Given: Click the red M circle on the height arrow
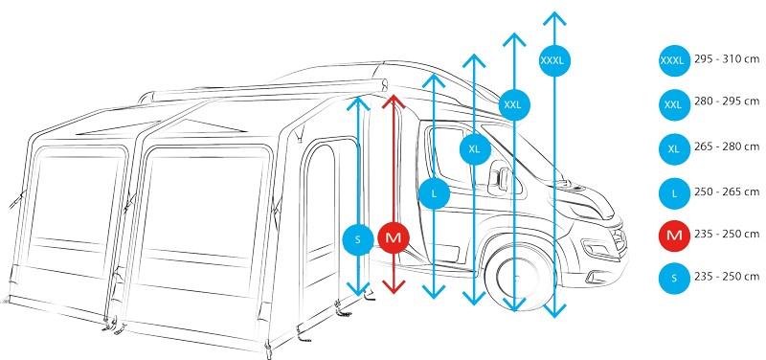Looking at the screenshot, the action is point(394,238).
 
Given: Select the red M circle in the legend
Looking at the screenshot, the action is point(674,236).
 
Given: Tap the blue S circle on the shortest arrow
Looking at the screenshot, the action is point(358,239).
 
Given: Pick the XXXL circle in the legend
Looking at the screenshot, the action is point(674,61).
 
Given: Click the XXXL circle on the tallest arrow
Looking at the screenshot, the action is point(555,60).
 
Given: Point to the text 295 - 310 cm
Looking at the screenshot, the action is point(727,59).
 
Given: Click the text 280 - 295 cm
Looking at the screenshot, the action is point(727,101).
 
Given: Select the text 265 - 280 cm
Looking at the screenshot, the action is point(727,146).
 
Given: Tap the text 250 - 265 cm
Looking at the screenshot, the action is point(727,191).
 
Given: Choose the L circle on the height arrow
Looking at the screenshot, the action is point(435,194).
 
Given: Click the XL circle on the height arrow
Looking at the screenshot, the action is point(474,149).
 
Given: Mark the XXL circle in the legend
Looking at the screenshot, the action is point(674,104).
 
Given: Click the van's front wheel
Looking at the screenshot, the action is point(519,277).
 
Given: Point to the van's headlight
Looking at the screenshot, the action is point(599,249).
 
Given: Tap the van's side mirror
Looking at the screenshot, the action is point(498,179).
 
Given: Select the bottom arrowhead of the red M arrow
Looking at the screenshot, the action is point(394,287).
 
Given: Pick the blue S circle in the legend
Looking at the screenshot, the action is point(674,279).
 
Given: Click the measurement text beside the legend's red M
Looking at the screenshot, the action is point(727,234).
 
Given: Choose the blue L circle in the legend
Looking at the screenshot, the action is point(674,193).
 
